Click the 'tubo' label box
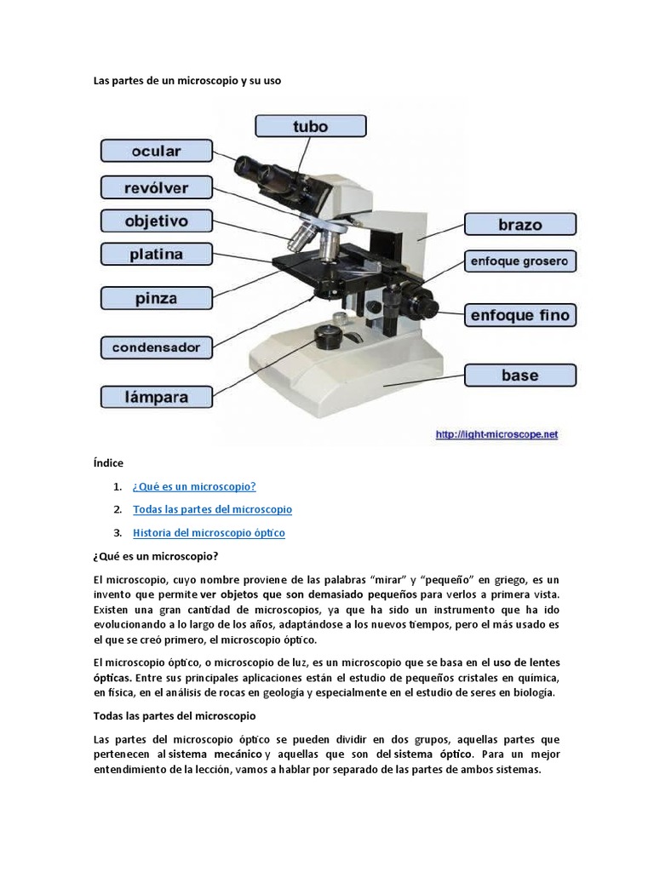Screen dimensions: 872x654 point(311,126)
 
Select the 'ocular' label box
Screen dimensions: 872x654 point(156,152)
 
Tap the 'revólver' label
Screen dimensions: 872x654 point(156,187)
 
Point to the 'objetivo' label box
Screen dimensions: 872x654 point(156,221)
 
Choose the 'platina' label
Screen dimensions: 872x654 point(156,254)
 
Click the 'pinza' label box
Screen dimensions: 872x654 point(156,298)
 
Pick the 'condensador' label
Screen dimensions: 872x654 point(156,347)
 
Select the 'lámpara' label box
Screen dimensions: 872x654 point(156,397)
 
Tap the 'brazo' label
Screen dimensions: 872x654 point(519,225)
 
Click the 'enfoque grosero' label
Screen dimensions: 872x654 point(519,261)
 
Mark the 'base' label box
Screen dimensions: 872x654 point(519,376)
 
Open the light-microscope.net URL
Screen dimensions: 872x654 point(496,434)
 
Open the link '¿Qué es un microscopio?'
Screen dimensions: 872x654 point(194,486)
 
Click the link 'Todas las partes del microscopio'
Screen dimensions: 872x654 point(212,509)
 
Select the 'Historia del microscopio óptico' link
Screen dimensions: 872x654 point(209,533)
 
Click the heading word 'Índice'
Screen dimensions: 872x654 point(108,463)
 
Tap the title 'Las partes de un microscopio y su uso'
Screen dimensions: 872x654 point(186,81)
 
